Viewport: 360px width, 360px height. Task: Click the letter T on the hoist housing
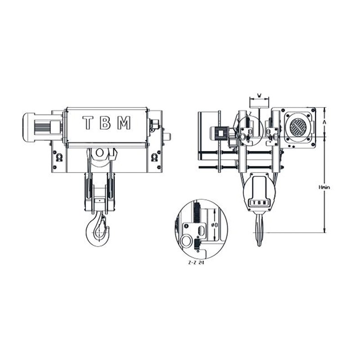point(88,123)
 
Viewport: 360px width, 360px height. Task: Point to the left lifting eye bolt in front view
point(58,157)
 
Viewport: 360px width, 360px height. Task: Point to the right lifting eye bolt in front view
point(154,157)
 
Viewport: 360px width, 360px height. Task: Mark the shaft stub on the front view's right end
point(166,135)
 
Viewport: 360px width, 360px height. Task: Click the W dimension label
point(259,95)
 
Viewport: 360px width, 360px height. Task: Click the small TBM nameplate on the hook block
point(259,202)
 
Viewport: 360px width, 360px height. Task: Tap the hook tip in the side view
point(260,244)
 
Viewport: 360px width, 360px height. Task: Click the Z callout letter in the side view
point(250,113)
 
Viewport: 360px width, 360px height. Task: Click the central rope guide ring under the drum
point(99,153)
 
